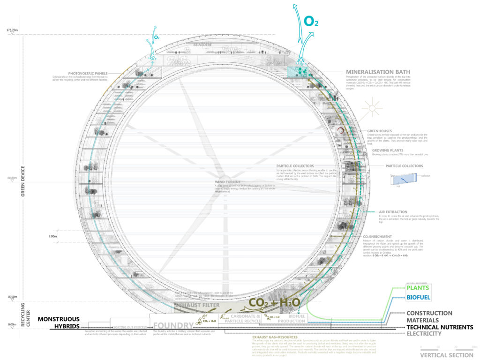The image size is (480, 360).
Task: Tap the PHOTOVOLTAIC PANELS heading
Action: pos(88,74)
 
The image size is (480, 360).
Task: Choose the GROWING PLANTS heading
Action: pos(387,150)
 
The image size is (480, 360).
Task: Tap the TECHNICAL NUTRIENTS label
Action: pos(439,327)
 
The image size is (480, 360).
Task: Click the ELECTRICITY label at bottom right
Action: pos(424,334)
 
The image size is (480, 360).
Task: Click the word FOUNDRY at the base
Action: pos(173,326)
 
